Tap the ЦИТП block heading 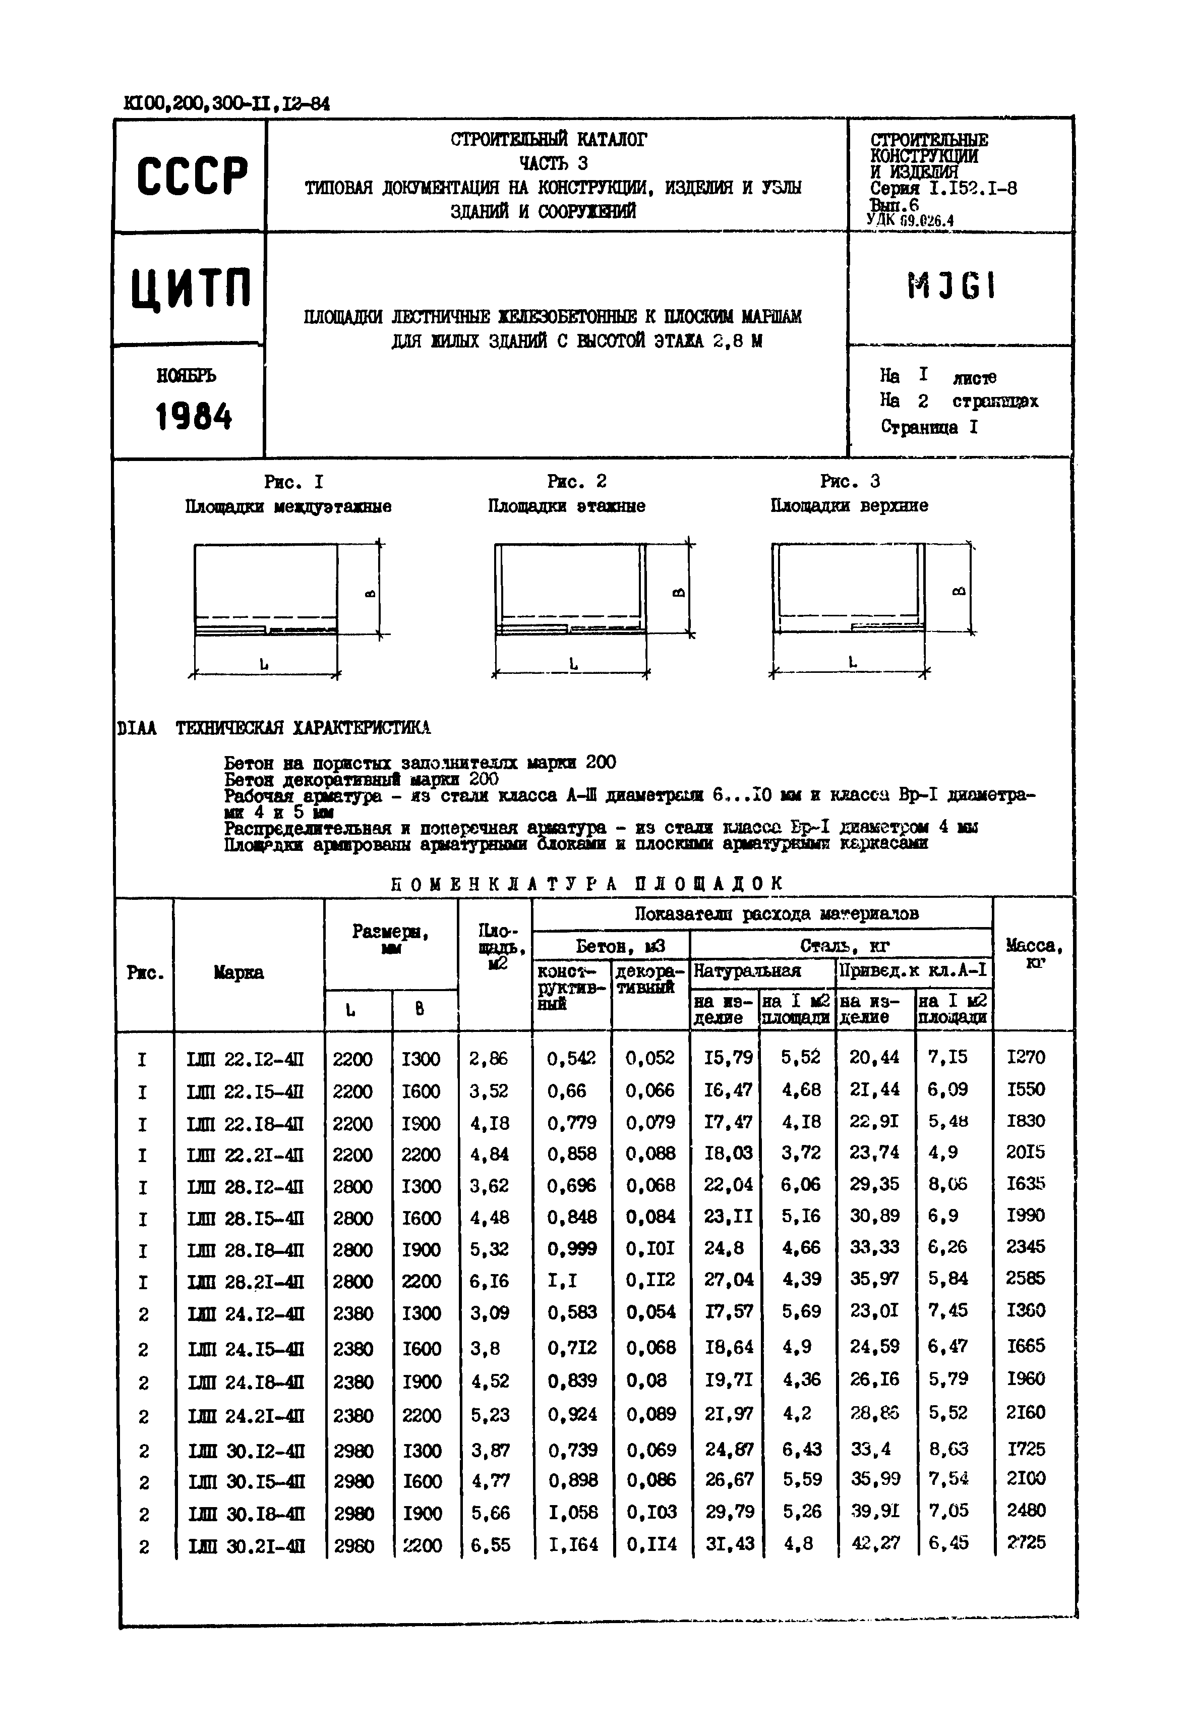192,289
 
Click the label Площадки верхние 849,506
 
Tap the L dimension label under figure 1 264,663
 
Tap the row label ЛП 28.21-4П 246,1282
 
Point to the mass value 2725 1026,1542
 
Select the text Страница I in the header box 929,427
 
